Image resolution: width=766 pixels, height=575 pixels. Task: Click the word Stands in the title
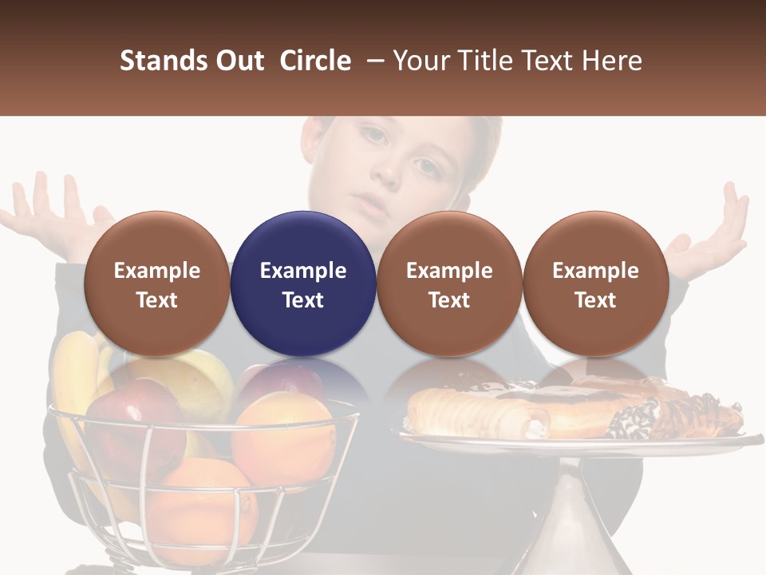coord(162,61)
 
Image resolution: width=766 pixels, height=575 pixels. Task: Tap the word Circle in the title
coord(315,61)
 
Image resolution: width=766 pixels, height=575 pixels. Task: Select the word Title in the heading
coord(483,61)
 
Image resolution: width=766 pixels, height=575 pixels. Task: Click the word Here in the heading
coord(612,61)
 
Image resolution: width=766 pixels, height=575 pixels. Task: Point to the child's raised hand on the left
coord(52,212)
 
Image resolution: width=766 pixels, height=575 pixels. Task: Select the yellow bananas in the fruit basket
coord(76,375)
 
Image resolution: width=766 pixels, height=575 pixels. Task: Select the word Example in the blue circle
coord(303,271)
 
